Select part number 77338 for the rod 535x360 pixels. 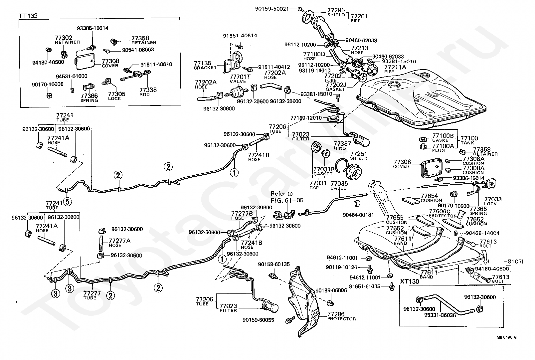pos(148,90)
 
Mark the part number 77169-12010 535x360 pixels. pos(306,118)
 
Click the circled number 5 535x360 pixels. pos(67,201)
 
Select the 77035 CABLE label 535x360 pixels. pos(339,185)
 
